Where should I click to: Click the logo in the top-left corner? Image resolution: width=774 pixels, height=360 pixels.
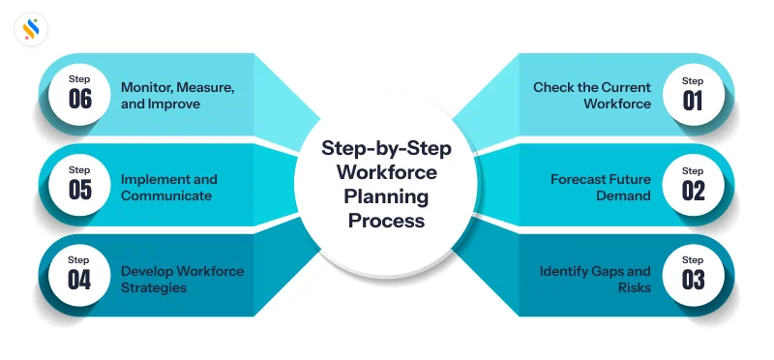pyautogui.click(x=31, y=29)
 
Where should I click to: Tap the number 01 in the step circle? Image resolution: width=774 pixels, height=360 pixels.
pyautogui.click(x=693, y=100)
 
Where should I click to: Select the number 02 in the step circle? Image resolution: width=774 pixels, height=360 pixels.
pyautogui.click(x=693, y=191)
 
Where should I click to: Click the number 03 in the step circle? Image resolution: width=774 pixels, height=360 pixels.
pyautogui.click(x=693, y=282)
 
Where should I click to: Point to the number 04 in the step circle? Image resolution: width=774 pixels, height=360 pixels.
pyautogui.click(x=80, y=282)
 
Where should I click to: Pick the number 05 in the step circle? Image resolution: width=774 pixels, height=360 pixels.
pyautogui.click(x=80, y=191)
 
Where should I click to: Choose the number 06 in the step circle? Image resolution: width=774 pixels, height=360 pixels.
pyautogui.click(x=80, y=100)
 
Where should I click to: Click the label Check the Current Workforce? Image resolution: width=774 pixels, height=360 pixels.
pyautogui.click(x=592, y=95)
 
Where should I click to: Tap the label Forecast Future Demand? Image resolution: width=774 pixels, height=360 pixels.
pyautogui.click(x=601, y=187)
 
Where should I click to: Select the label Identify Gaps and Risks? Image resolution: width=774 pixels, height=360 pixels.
pyautogui.click(x=595, y=279)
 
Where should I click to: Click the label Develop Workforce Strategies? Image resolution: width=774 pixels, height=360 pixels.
pyautogui.click(x=182, y=279)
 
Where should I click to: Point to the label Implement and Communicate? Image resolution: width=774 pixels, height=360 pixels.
pyautogui.click(x=169, y=187)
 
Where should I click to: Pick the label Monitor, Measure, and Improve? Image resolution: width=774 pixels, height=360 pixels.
pyautogui.click(x=178, y=95)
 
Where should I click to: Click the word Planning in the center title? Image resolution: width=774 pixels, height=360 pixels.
pyautogui.click(x=387, y=196)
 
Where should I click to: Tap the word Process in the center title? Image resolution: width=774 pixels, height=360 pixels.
pyautogui.click(x=387, y=220)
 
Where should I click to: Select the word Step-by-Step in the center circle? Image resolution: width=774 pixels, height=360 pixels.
pyautogui.click(x=387, y=150)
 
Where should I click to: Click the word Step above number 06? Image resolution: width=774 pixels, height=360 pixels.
pyautogui.click(x=80, y=78)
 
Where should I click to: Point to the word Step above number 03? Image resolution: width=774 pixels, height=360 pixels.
pyautogui.click(x=693, y=260)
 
